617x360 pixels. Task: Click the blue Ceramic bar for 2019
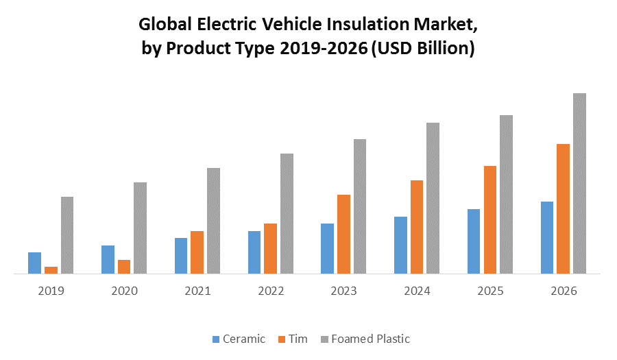34,263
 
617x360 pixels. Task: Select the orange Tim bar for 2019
51,270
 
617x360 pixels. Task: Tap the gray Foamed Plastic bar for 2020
140,228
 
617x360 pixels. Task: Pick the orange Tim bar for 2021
197,252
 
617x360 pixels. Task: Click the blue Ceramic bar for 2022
254,252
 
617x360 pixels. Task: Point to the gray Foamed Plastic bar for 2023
360,206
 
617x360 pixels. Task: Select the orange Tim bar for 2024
417,227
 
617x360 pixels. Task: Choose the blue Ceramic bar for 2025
474,241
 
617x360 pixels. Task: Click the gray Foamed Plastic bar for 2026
579,183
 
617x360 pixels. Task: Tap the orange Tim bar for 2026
563,208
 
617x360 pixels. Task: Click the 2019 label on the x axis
51,291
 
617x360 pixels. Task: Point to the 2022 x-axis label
271,291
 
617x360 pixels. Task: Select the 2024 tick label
417,291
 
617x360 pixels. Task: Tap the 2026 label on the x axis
564,291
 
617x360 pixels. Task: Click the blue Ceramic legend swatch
217,339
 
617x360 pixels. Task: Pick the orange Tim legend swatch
282,339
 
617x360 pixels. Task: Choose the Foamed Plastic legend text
370,339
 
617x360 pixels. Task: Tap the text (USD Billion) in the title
422,49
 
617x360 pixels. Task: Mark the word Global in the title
164,25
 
